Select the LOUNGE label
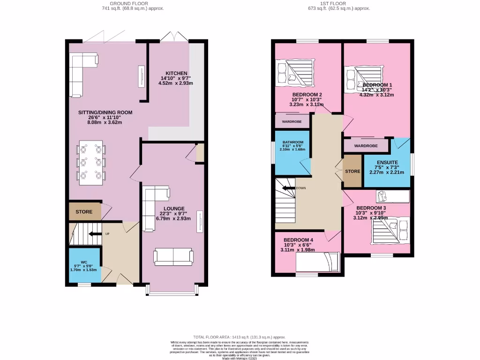[174, 208]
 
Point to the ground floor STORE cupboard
[84, 211]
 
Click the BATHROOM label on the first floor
[292, 142]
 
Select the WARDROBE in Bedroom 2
[292, 121]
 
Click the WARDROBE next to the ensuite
[366, 146]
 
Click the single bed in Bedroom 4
[317, 262]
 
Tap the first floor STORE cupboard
[352, 171]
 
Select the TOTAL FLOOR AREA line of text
[240, 337]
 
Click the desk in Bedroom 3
[391, 196]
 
